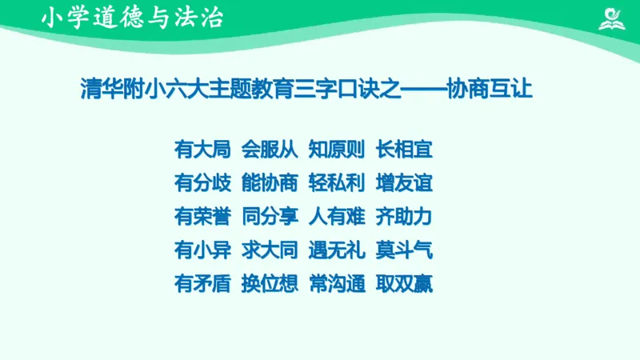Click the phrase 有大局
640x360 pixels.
pos(203,149)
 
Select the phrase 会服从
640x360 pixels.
pos(270,149)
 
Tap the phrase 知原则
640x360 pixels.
pos(337,149)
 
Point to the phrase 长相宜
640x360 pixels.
pos(404,149)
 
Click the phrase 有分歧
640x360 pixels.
pos(203,182)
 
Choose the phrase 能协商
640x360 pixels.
pos(270,182)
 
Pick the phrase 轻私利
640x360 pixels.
pos(337,182)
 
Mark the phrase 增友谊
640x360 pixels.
pos(404,182)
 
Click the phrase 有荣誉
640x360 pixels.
pos(203,216)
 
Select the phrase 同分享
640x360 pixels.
pos(270,216)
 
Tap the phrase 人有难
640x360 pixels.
pos(337,216)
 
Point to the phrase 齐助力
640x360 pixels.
pos(404,216)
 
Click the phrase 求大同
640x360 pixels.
pos(270,250)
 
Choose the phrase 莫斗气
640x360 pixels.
pos(404,250)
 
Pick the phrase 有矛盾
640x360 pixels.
pos(203,283)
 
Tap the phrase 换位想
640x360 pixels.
pos(270,283)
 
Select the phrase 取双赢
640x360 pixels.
pos(404,283)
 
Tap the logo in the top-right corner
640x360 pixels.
pos(614,18)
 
